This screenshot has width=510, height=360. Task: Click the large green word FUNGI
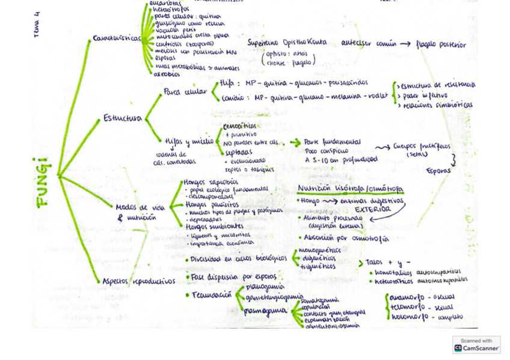tap(43, 182)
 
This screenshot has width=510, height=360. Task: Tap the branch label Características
tap(117, 38)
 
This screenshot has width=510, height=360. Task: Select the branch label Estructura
tap(122, 118)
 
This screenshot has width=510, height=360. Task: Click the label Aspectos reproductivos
tap(138, 281)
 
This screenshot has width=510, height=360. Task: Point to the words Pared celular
tap(185, 91)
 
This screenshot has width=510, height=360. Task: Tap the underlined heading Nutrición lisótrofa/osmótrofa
tap(350, 189)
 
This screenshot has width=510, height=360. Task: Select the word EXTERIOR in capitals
tap(372, 209)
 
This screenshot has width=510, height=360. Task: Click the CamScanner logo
tap(476, 345)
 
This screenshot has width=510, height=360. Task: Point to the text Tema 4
tap(37, 25)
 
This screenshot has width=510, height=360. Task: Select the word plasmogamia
tap(265, 311)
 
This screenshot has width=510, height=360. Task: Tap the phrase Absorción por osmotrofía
tap(348, 239)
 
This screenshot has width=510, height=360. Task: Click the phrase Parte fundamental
tap(333, 142)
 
